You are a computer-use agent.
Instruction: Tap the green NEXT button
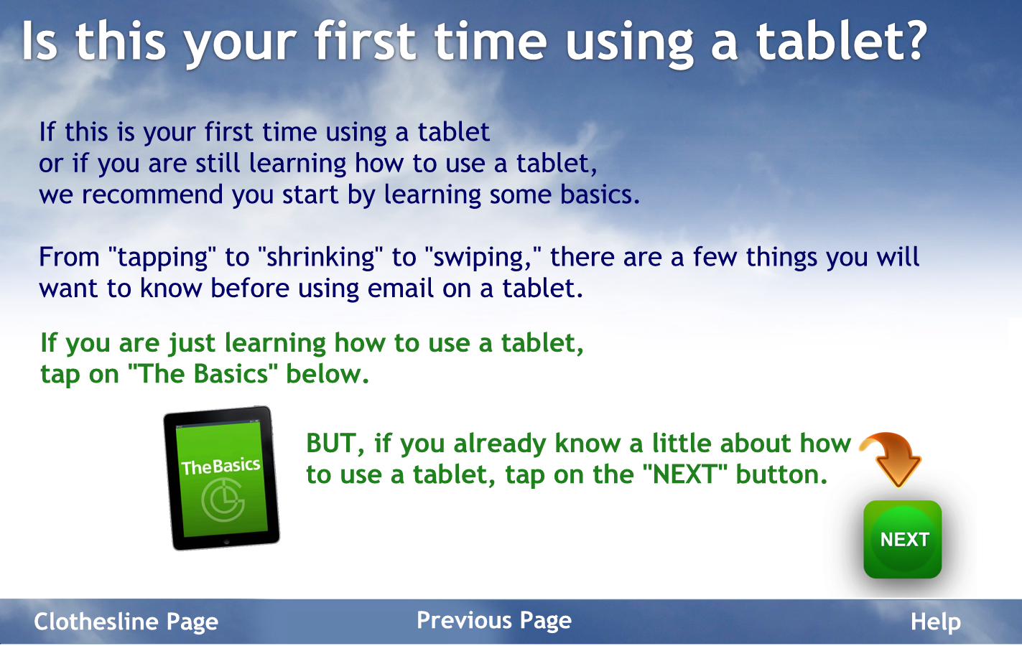[903, 539]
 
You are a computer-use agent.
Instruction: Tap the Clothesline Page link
[126, 622]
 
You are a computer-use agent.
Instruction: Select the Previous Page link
[494, 621]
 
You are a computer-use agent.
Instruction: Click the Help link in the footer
[936, 622]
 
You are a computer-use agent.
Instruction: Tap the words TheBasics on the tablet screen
[220, 467]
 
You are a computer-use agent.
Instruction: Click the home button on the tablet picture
[226, 542]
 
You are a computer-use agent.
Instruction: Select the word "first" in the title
[365, 41]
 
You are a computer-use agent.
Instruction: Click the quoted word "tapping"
[162, 258]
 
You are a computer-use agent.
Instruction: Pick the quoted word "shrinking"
[320, 258]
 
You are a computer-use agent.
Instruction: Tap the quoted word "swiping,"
[482, 258]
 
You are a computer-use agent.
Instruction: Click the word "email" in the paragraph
[401, 288]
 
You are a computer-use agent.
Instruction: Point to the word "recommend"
[152, 195]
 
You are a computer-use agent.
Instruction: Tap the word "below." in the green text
[327, 374]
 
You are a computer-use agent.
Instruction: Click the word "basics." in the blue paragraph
[600, 195]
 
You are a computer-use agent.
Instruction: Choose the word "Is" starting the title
[40, 41]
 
